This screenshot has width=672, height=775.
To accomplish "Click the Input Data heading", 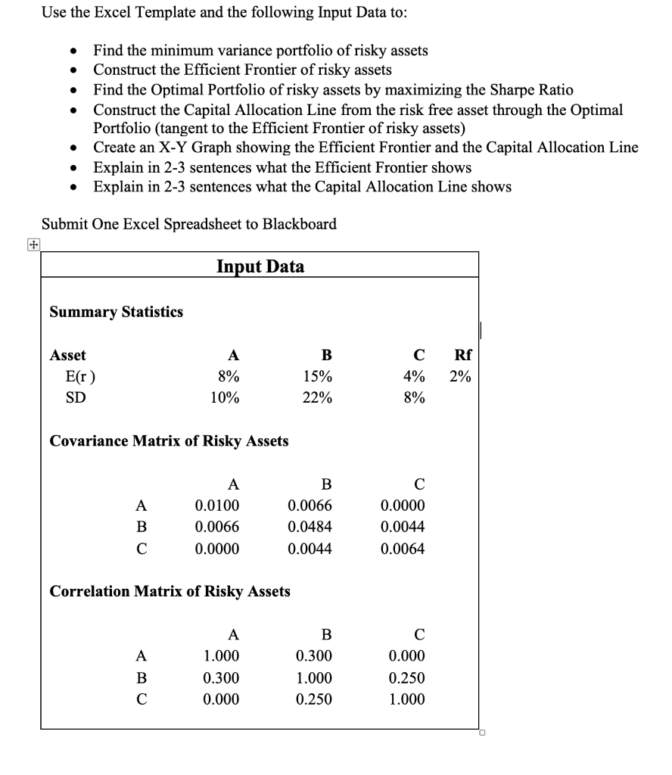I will [260, 266].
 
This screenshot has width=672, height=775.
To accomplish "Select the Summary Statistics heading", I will [116, 312].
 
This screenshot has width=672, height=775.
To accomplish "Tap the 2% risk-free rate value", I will [459, 376].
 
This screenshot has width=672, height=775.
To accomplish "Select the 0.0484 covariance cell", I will [310, 526].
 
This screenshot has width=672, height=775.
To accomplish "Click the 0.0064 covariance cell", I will [403, 547].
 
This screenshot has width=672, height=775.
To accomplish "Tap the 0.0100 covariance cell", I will [217, 505].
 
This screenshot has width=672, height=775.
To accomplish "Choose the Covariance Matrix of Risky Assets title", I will [169, 440].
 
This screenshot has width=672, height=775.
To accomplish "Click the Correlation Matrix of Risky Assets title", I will [170, 591].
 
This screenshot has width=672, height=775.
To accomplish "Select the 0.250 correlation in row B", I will [406, 677].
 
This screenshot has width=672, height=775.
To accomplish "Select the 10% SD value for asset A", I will [224, 397].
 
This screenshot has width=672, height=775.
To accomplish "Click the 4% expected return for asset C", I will [413, 376].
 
